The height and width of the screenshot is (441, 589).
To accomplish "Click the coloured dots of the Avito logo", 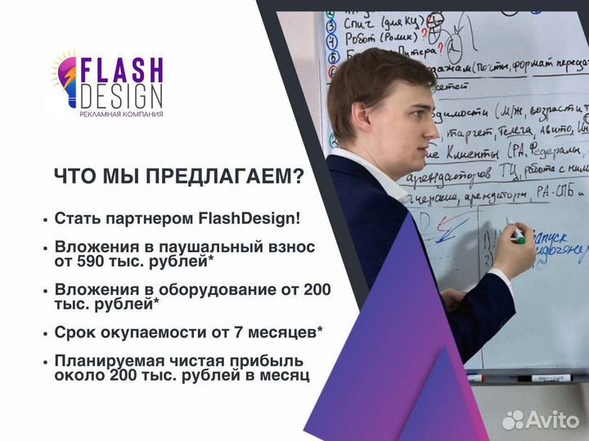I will click(512, 419).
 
